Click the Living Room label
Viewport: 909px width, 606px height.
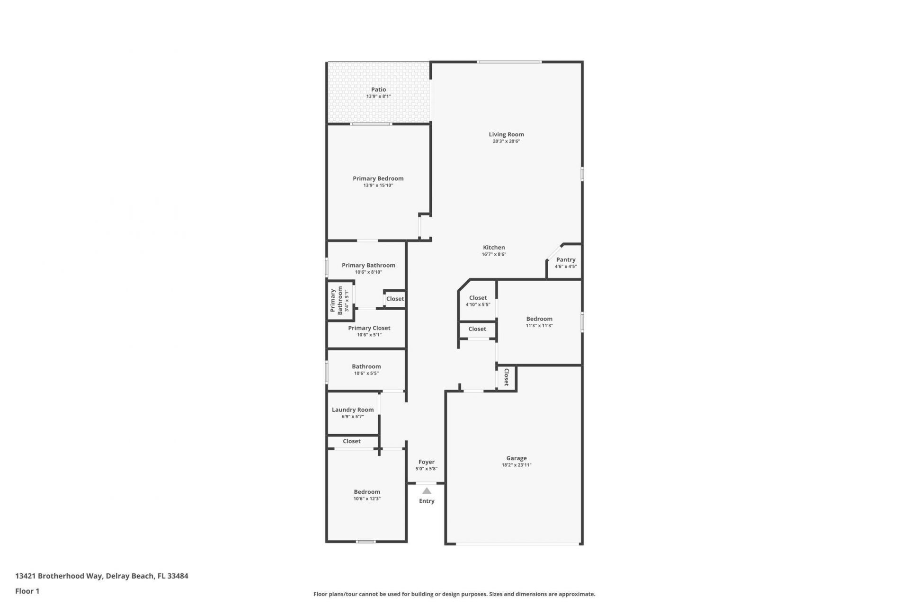tap(506, 134)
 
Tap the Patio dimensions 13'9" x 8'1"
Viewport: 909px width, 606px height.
tap(378, 97)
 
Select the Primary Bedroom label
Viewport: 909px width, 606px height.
tap(378, 178)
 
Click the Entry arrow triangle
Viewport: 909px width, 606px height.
tap(427, 491)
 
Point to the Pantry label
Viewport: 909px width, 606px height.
tap(566, 259)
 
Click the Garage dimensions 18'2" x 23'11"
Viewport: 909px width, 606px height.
tap(516, 465)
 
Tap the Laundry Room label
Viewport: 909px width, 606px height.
tap(353, 410)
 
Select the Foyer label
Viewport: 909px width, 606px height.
tap(426, 462)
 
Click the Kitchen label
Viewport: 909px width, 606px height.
tap(494, 247)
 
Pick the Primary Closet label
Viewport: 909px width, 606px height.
tap(369, 328)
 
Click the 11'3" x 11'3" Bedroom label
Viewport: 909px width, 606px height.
tap(539, 319)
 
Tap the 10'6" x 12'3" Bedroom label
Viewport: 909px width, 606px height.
tap(367, 491)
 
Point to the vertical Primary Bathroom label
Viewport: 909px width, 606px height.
tap(336, 301)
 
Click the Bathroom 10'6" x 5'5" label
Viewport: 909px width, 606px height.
tap(366, 366)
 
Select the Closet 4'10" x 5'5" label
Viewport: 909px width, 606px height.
tap(478, 298)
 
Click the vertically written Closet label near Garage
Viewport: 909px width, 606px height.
tap(506, 377)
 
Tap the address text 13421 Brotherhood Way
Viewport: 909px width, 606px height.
tap(59, 576)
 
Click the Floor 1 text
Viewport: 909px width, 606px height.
tap(27, 591)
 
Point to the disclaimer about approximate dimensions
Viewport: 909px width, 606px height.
tap(454, 594)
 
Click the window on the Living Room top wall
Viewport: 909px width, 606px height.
tap(509, 62)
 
